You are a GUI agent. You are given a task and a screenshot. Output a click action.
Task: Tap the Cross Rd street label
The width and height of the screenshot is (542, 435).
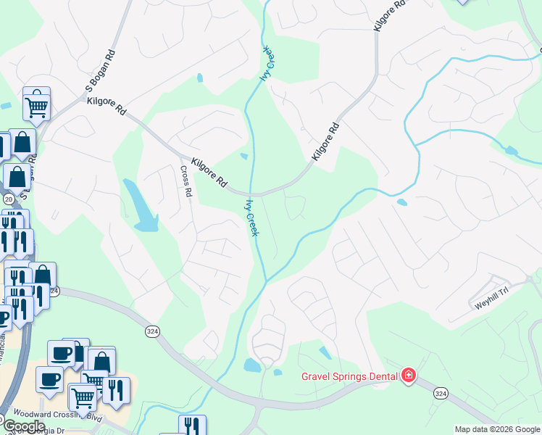click(186, 181)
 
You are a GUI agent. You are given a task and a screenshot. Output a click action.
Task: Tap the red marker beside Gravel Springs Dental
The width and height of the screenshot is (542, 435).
click(409, 375)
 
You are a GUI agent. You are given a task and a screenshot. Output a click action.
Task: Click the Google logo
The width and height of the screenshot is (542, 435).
click(23, 426)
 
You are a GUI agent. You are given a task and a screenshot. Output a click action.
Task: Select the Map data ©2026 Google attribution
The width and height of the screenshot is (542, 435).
click(496, 429)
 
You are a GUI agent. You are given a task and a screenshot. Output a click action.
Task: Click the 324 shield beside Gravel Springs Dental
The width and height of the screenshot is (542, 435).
click(441, 392)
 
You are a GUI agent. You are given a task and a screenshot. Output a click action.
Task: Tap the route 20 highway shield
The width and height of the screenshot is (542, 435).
click(8, 199)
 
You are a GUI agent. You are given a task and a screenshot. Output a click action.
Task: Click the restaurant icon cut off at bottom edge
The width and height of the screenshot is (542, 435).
click(192, 425)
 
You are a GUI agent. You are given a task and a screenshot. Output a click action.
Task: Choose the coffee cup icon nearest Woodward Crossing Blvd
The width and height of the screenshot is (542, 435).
click(49, 379)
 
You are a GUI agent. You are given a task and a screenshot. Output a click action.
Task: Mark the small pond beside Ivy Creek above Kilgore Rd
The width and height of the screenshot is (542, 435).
click(244, 156)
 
